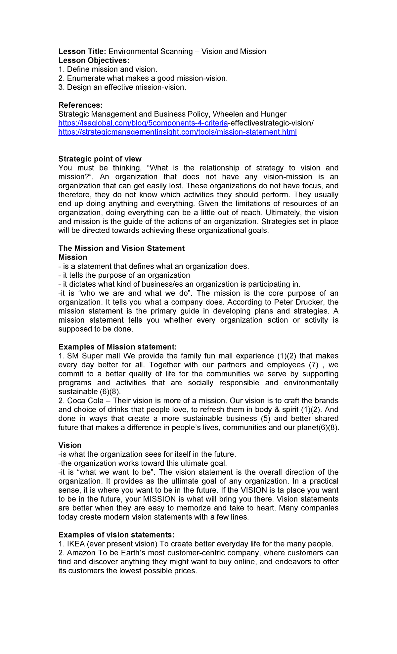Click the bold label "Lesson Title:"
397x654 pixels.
pyautogui.click(x=82, y=52)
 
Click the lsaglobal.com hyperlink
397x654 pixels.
pyautogui.click(x=143, y=123)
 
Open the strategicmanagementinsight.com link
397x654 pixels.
pyautogui.click(x=177, y=132)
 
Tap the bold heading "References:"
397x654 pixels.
pyautogui.click(x=80, y=105)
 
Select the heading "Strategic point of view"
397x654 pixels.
pyautogui.click(x=100, y=159)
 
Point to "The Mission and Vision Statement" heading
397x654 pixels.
pyautogui.click(x=121, y=249)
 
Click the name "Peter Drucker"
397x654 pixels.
pyautogui.click(x=294, y=302)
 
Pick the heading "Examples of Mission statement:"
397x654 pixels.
pyautogui.click(x=117, y=347)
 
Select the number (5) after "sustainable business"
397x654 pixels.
pyautogui.click(x=265, y=419)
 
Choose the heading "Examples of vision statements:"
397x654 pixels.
pyautogui.click(x=116, y=535)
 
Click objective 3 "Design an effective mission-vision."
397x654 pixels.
pyautogui.click(x=122, y=87)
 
